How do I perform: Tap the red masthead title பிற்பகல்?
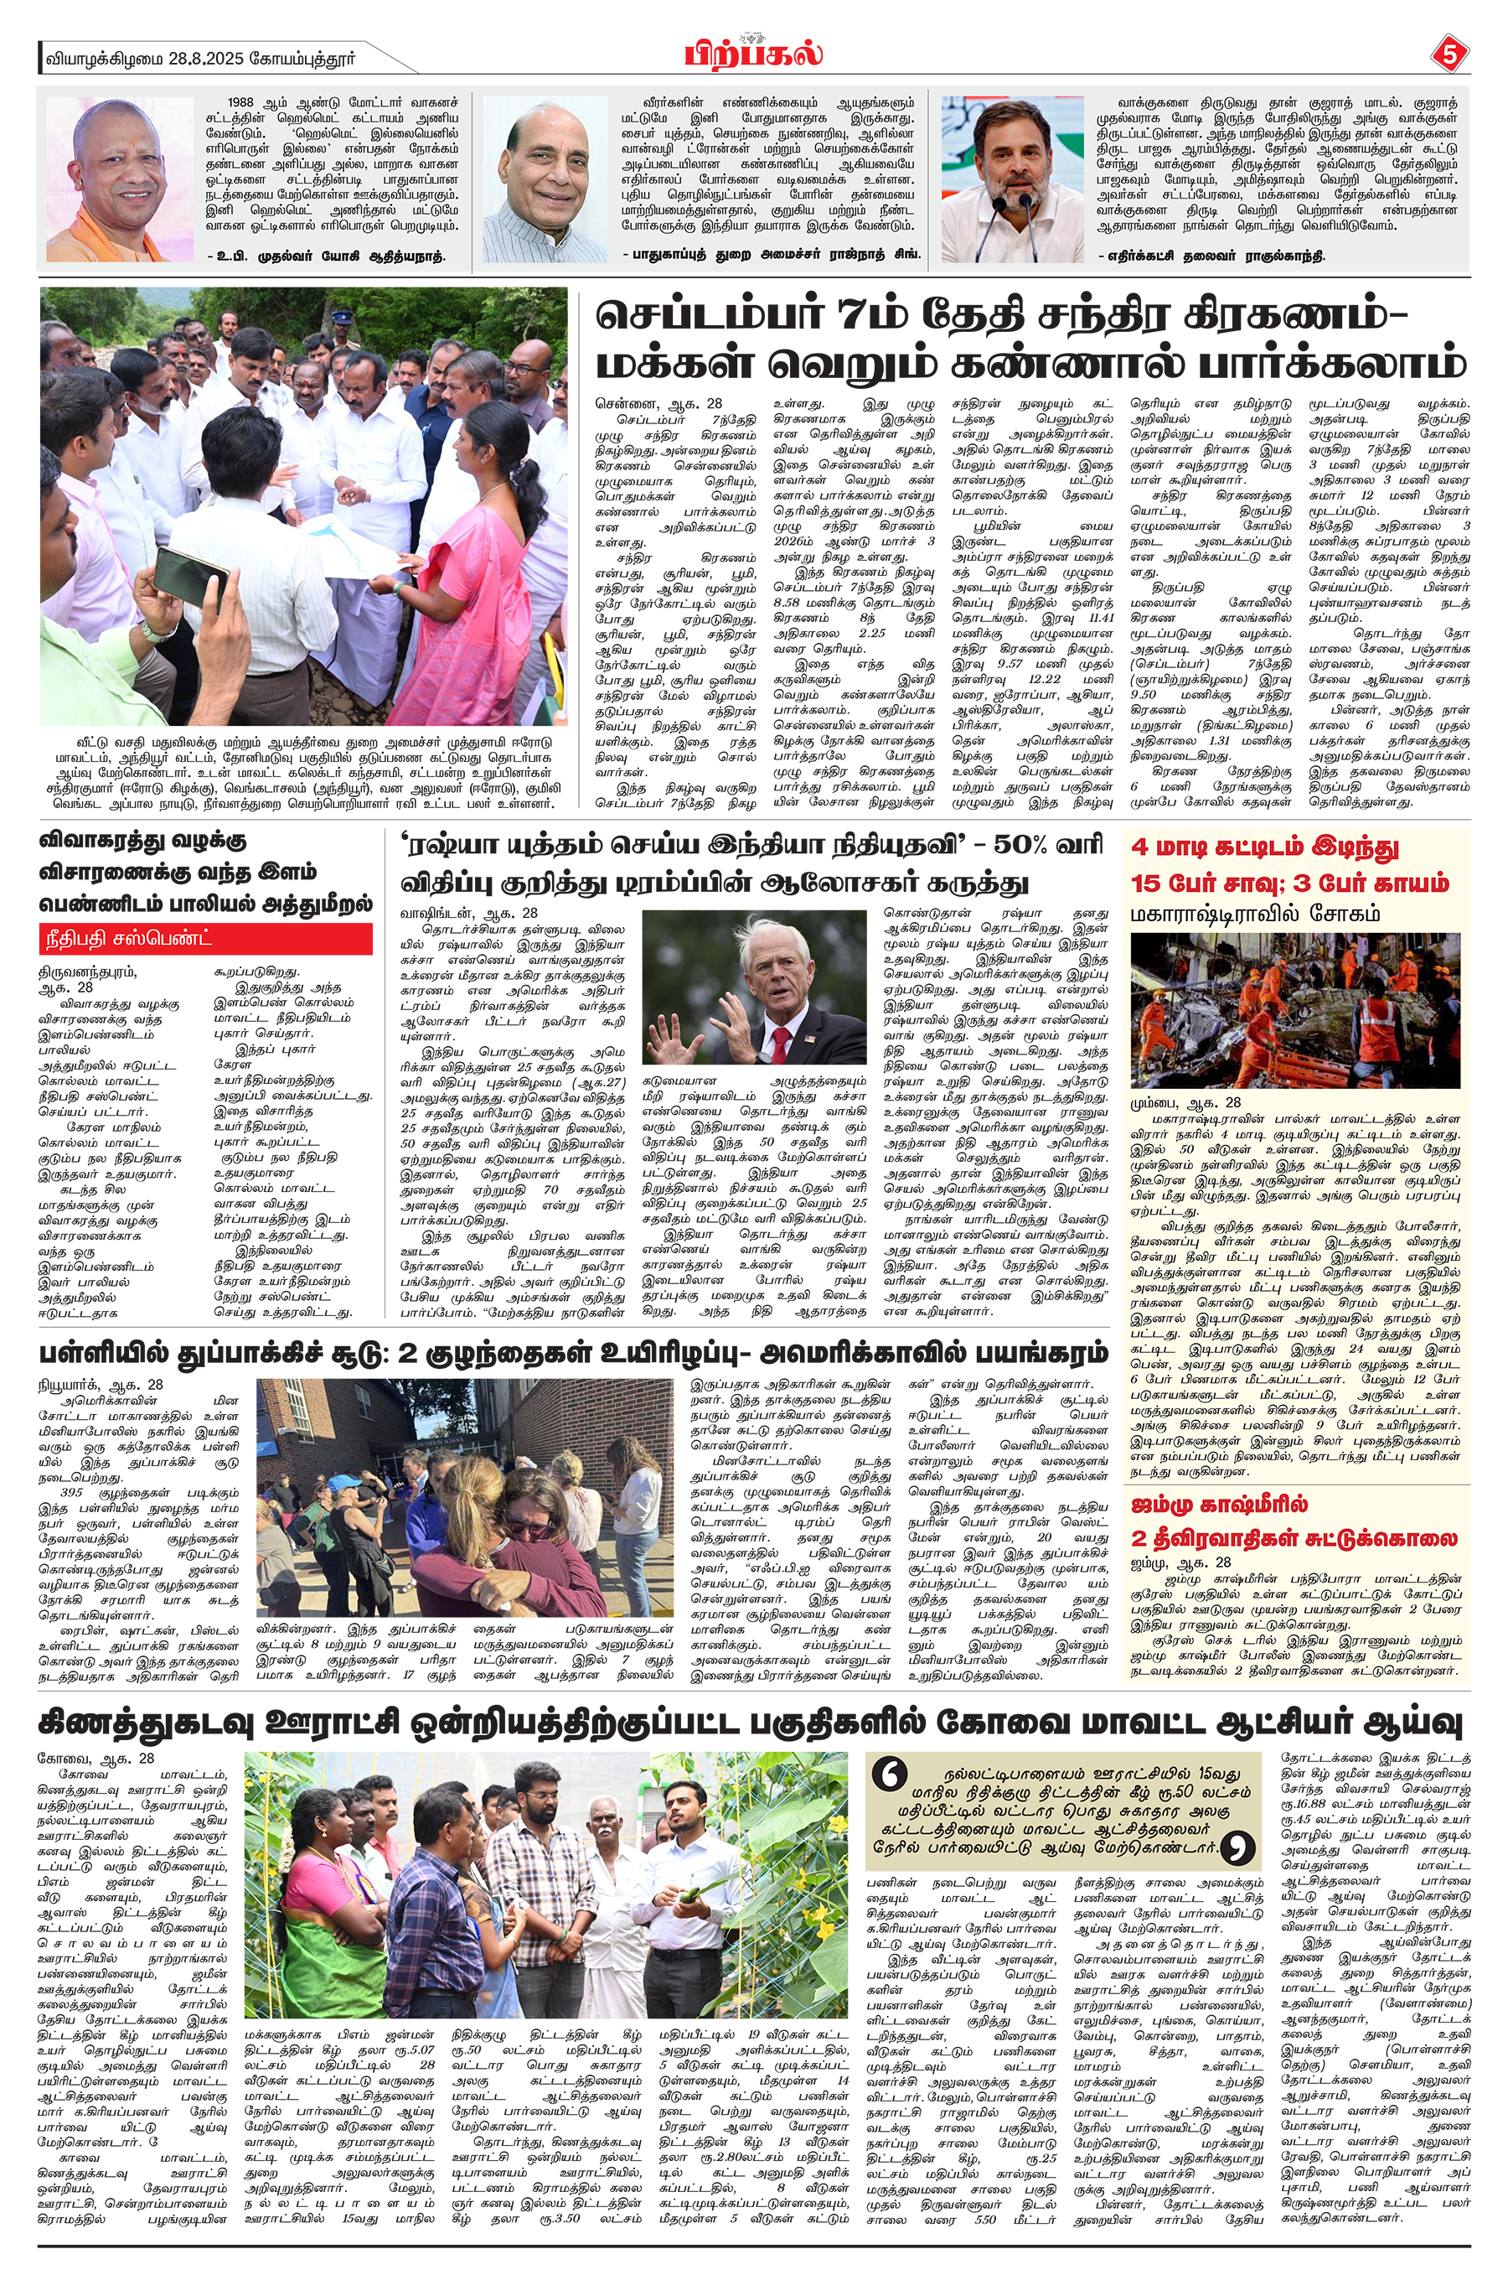click(753, 54)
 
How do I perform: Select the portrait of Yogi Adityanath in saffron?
click(119, 179)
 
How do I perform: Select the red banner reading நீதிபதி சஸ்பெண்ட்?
click(205, 938)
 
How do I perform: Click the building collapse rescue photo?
click(1294, 1009)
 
